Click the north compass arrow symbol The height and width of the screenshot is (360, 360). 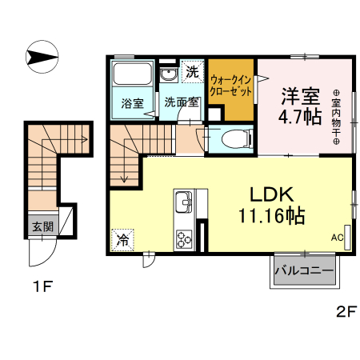tap(42, 57)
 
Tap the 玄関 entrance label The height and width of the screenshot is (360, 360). tap(42, 226)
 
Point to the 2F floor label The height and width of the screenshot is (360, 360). tap(344, 312)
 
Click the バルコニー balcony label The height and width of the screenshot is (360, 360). tap(304, 271)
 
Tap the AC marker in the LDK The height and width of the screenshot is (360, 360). tap(338, 238)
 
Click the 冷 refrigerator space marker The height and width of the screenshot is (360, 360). tap(124, 238)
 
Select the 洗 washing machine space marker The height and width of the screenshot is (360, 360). tap(192, 71)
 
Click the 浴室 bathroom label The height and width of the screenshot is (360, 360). tap(133, 102)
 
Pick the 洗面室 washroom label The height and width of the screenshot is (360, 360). tap(180, 102)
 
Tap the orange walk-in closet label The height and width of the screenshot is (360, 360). tap(232, 86)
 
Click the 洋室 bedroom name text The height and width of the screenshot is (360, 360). tap(300, 95)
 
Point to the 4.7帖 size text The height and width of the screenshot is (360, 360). tap(301, 118)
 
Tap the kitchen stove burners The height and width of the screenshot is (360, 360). tap(184, 238)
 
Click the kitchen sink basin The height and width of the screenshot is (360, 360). tap(182, 201)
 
